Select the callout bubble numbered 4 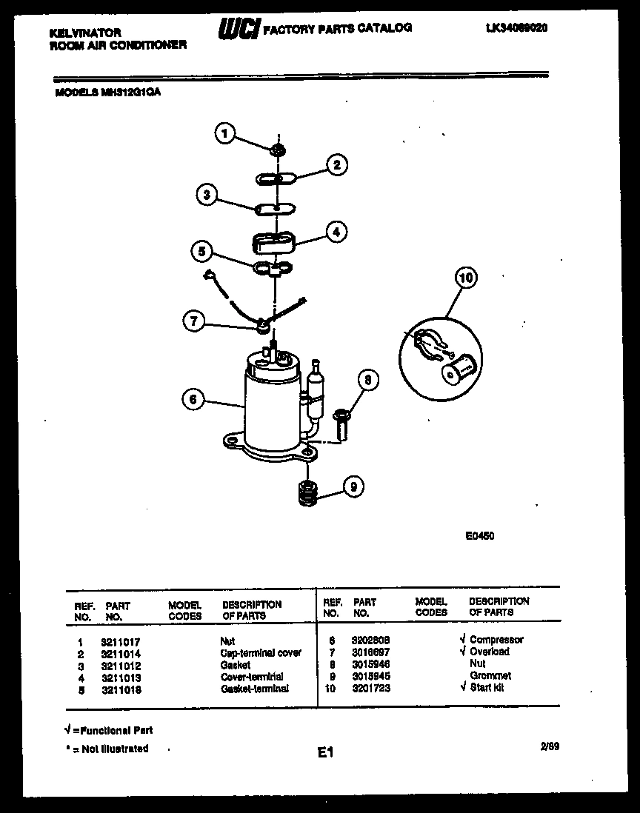(336, 232)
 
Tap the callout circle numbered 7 (193, 321)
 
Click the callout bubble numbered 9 (353, 486)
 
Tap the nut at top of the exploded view (279, 151)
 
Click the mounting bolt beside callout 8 (340, 423)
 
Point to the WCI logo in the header (238, 29)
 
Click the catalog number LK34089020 (517, 27)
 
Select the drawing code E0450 (479, 536)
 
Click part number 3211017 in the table (121, 642)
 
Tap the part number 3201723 (372, 688)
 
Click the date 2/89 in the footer (550, 748)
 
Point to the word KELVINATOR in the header (84, 33)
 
